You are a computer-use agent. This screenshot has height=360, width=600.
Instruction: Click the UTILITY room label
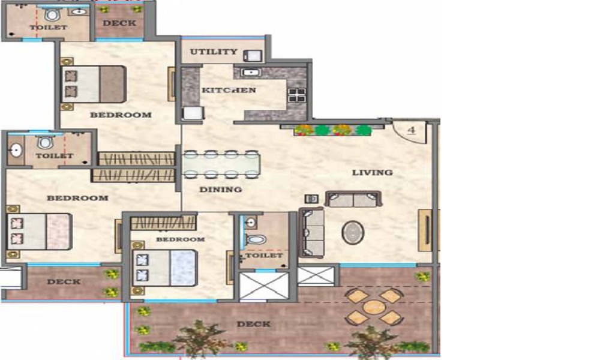[x=214, y=52]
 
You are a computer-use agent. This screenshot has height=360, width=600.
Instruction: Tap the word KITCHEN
[x=229, y=90]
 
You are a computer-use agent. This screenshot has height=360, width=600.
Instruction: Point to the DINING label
[x=220, y=190]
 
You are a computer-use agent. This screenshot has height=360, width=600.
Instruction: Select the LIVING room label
[x=373, y=173]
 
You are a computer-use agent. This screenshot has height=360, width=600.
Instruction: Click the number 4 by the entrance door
[x=412, y=130]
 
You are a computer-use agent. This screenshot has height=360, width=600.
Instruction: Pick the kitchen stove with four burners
[x=297, y=95]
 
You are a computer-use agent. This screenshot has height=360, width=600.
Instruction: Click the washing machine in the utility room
[x=254, y=56]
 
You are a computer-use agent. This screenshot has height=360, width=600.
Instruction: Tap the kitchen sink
[x=251, y=72]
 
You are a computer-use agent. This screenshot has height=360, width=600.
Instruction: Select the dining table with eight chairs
[x=221, y=164]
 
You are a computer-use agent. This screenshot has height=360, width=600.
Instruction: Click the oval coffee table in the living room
[x=353, y=232]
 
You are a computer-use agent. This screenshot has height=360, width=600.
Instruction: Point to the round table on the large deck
[x=373, y=307]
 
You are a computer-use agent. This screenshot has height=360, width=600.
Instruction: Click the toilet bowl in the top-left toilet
[x=52, y=16]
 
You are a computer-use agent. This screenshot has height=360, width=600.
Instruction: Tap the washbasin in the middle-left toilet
[x=16, y=151]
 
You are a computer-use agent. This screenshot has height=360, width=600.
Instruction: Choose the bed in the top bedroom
[x=94, y=84]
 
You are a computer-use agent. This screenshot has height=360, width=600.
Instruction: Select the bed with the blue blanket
[x=164, y=268]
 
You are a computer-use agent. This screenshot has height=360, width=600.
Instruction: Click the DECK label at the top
[x=119, y=23]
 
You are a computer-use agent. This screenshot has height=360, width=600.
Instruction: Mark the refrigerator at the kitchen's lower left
[x=193, y=113]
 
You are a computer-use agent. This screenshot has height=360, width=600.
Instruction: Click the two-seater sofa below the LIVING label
[x=353, y=199]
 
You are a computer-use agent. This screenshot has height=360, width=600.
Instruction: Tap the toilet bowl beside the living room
[x=256, y=239]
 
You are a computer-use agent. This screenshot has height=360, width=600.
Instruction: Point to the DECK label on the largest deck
[x=254, y=325]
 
